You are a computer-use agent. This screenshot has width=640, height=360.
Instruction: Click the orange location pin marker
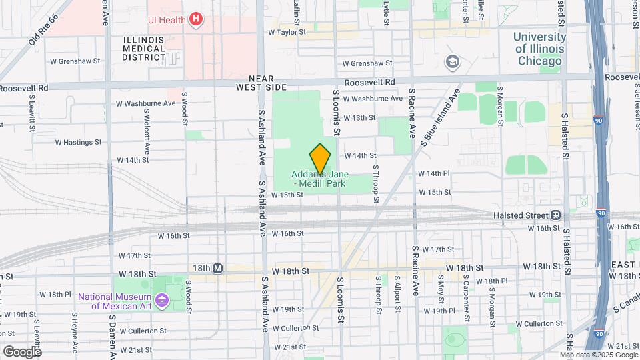[x=320, y=159]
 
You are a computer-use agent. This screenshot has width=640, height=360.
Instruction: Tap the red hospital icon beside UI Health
[x=195, y=19]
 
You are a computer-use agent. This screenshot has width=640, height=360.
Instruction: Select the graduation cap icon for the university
[x=453, y=62]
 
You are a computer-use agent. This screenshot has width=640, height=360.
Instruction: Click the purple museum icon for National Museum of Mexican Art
[x=161, y=301]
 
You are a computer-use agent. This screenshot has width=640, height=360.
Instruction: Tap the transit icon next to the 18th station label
[x=217, y=268]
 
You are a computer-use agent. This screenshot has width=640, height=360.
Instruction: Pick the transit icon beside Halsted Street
[x=555, y=215]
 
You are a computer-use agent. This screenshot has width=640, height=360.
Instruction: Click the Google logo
[x=22, y=351]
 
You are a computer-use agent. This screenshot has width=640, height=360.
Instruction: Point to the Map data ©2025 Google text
[x=601, y=355]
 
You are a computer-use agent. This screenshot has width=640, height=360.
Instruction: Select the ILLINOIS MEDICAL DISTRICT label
[x=143, y=49]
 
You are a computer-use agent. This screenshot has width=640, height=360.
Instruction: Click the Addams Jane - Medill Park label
[x=320, y=178]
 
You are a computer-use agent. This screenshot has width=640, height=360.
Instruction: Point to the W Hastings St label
[x=78, y=142]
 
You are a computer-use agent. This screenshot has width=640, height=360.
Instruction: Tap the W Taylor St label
[x=287, y=31]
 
